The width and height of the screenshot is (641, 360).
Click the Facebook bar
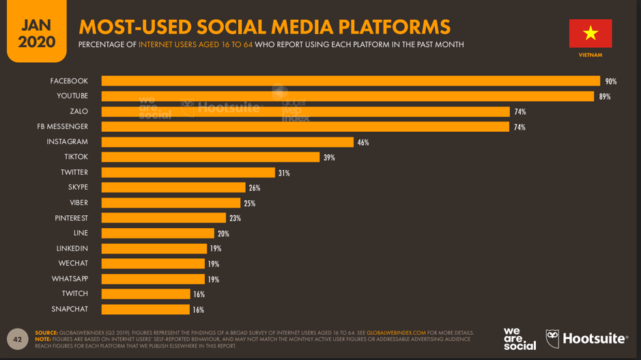point(350,81)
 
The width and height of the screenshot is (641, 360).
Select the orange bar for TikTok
point(210,158)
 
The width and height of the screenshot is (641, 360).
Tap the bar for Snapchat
point(145,309)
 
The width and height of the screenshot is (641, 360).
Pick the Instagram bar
point(227,142)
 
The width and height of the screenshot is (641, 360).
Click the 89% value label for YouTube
point(604,97)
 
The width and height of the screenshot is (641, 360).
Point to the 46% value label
point(362,143)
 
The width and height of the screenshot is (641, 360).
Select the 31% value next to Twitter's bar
point(284,174)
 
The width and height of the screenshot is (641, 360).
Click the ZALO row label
point(79,111)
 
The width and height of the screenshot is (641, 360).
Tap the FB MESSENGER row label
point(62,126)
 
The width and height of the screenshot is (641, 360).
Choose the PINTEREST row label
point(71,218)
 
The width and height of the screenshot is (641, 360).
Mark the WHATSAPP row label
point(70,279)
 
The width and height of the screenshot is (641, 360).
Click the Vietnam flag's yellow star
point(590,33)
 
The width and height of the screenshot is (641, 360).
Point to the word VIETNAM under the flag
point(590,55)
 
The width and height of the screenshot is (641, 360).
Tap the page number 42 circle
point(18,339)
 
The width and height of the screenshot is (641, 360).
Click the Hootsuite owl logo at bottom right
point(552,339)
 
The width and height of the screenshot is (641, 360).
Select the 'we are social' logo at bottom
point(519,339)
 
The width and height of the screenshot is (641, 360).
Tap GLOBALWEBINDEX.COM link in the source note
point(396,333)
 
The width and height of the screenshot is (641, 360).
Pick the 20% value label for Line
point(223,234)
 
